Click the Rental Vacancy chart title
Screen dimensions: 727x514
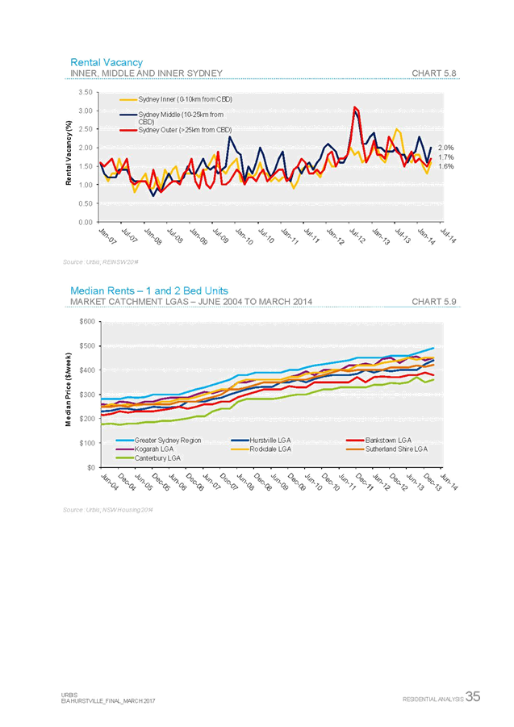(107, 62)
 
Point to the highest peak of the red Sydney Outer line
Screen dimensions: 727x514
(355, 107)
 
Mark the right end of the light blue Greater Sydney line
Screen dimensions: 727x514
(434, 348)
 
